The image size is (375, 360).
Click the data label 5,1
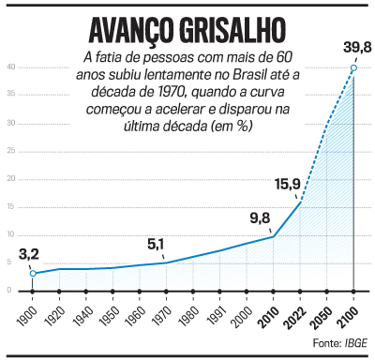coord(156,247)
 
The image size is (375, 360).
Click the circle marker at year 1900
coord(33,273)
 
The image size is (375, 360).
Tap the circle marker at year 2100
coord(353,67)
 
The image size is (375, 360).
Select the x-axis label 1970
coord(161,309)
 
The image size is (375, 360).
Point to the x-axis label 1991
coord(215,309)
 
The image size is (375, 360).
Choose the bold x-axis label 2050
coord(322,309)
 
